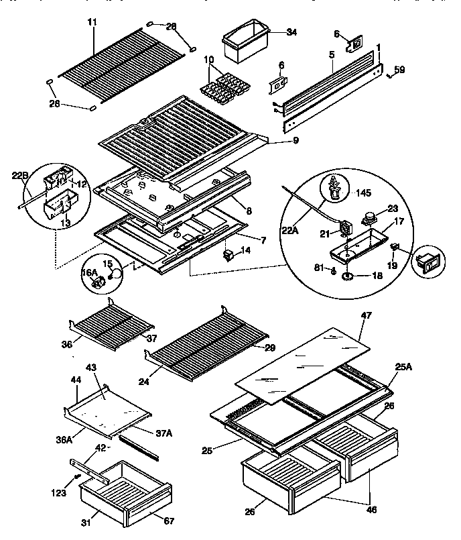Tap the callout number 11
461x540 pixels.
point(92,21)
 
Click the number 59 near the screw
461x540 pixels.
point(400,69)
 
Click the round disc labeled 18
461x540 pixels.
point(350,276)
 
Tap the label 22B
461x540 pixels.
point(20,176)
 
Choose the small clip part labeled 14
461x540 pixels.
point(229,254)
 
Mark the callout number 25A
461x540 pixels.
point(403,366)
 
